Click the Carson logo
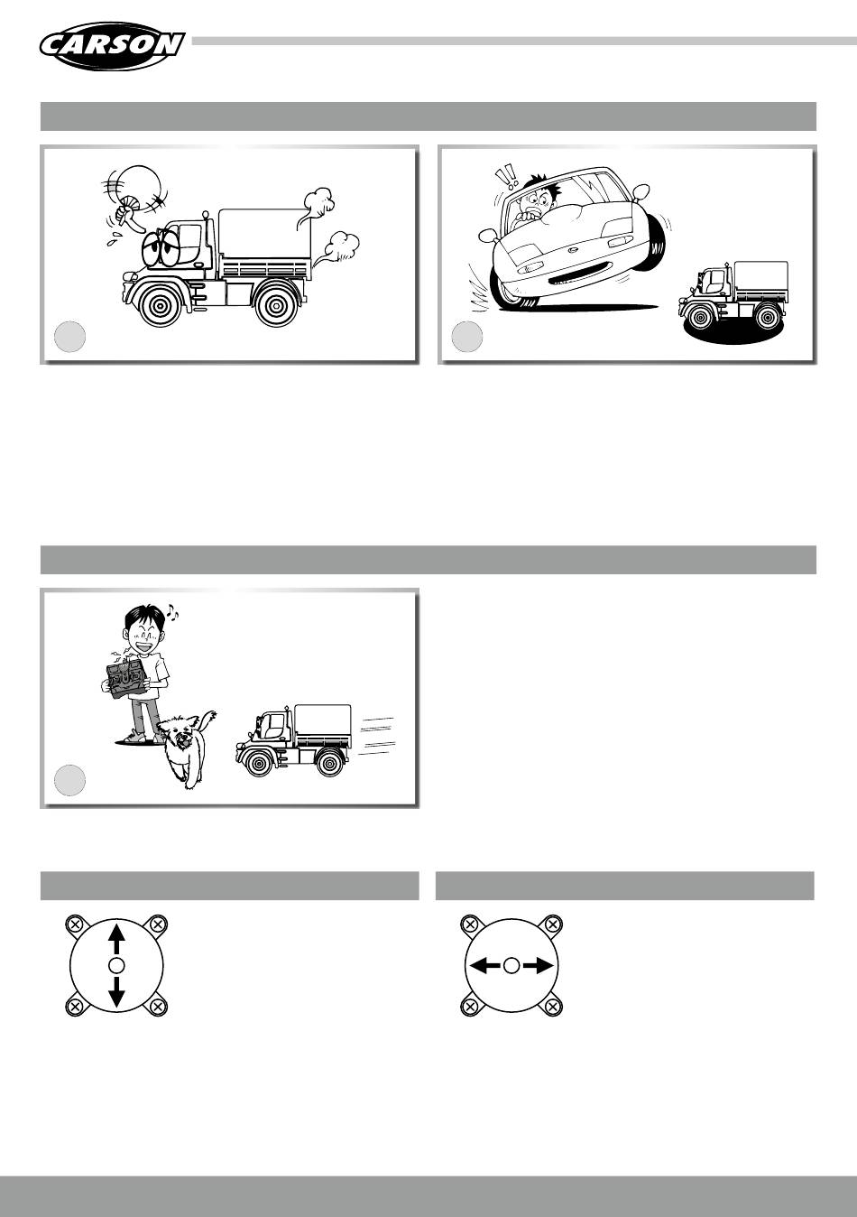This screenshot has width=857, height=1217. coord(112,46)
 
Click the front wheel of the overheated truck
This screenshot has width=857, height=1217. coord(161,303)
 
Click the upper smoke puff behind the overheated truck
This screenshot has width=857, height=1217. coord(316,205)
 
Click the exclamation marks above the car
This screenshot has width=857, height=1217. coord(505,177)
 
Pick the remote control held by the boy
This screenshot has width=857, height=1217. coord(127,678)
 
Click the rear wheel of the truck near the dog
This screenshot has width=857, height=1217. coord(330,761)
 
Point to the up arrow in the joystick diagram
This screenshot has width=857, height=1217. coord(116,939)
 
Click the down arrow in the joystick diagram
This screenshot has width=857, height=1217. coord(116,989)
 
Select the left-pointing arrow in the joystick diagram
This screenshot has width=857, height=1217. coord(484,965)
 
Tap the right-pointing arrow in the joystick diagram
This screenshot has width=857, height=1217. coord(539,965)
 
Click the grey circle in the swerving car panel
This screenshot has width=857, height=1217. coord(467,337)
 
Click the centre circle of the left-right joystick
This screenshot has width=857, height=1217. coord(511,965)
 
